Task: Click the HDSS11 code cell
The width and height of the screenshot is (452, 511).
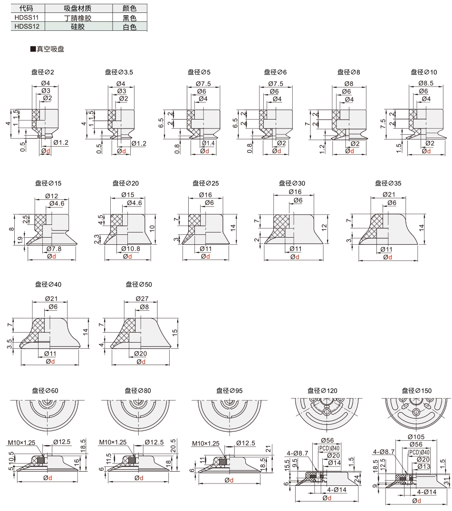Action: pyautogui.click(x=28, y=17)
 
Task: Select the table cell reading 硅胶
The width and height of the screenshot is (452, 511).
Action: pyautogui.click(x=78, y=27)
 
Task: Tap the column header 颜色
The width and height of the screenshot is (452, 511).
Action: pyautogui.click(x=130, y=9)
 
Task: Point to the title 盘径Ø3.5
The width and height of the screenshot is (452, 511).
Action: pyautogui.click(x=119, y=72)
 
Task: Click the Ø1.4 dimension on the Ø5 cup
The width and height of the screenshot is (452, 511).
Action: pyautogui.click(x=208, y=143)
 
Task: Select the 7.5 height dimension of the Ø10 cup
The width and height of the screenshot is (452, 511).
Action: pyautogui.click(x=383, y=123)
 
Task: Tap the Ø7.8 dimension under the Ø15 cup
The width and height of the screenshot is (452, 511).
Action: pyautogui.click(x=54, y=249)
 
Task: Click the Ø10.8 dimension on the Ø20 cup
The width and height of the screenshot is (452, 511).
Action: pyautogui.click(x=131, y=249)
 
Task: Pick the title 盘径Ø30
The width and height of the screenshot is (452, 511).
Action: pyautogui.click(x=292, y=183)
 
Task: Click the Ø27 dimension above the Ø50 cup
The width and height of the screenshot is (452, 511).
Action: pyautogui.click(x=142, y=298)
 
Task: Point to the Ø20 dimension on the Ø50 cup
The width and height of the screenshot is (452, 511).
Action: pyautogui.click(x=140, y=353)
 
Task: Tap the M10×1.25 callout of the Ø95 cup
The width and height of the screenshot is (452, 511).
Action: pyautogui.click(x=206, y=444)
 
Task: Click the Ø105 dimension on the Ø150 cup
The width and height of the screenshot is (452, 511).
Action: pyautogui.click(x=416, y=437)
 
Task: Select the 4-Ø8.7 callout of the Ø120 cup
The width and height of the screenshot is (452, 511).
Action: pyautogui.click(x=298, y=453)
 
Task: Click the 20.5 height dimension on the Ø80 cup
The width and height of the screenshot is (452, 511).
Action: pyautogui.click(x=173, y=446)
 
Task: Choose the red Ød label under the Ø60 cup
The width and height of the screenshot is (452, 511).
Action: pyautogui.click(x=48, y=478)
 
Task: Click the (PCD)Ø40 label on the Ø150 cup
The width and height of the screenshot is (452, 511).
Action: pyautogui.click(x=419, y=452)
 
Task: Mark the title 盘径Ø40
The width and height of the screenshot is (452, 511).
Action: pyautogui.click(x=48, y=285)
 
